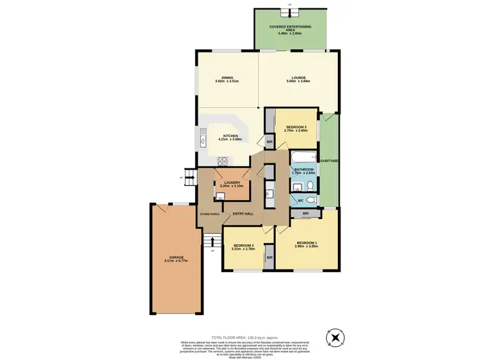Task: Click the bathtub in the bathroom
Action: tap(303, 157)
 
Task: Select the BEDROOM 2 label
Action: tap(244, 245)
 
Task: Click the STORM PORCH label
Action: tap(209, 213)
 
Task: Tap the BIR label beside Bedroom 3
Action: tap(269, 141)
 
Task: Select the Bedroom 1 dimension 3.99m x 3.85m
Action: tap(307, 247)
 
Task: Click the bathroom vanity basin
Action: tap(298, 186)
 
